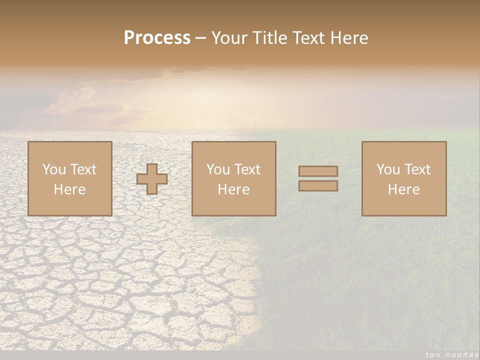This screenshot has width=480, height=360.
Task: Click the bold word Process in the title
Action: coord(157,38)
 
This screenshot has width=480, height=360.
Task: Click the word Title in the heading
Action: coord(270,38)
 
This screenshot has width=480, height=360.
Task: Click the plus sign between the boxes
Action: coord(152,178)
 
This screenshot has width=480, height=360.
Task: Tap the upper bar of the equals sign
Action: coord(318,171)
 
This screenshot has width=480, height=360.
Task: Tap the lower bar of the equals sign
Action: coord(318,186)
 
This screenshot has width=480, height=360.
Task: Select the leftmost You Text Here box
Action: coord(69,178)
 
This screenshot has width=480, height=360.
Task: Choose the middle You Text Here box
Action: coord(233,178)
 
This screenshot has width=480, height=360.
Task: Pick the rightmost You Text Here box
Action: coord(403,178)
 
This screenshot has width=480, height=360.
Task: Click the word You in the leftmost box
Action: coord(54,169)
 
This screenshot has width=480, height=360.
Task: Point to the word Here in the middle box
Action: coord(233,189)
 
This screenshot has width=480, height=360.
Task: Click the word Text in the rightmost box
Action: coord(416,169)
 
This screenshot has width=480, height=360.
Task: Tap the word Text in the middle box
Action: coord(246,169)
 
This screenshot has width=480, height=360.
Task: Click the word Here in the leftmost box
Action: coord(69,189)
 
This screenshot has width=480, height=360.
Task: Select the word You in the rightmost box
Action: coord(388,169)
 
